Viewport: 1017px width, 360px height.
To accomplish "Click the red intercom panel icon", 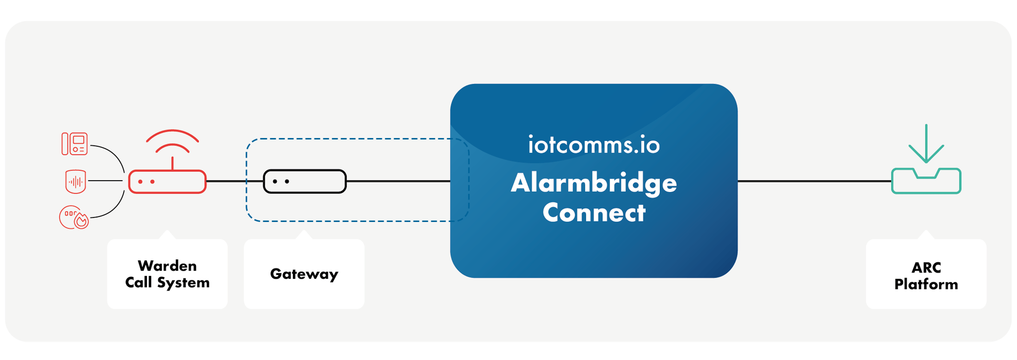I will coord(75,144).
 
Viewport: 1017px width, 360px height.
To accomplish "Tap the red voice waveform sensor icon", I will coord(76,181).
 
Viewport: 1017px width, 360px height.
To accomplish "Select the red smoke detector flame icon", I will coord(74,218).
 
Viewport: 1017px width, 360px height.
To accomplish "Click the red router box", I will coord(167,182).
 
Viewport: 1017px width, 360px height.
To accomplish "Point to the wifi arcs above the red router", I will coord(172,140).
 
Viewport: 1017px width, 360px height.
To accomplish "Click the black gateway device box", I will coord(305,181).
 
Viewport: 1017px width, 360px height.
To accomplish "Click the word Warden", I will coord(167,266).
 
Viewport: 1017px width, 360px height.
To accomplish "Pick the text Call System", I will coord(167,282).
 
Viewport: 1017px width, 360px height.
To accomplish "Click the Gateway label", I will coord(304,274).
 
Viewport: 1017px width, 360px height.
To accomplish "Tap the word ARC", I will coord(926,268).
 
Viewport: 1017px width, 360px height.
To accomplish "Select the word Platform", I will coord(926,284).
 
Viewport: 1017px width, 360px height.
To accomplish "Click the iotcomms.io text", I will coord(593,145).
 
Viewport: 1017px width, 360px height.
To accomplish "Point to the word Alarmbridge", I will coord(593,183).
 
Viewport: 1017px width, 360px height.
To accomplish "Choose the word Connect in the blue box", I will coord(593,213).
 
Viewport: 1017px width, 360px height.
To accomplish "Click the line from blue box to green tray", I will coord(814,181).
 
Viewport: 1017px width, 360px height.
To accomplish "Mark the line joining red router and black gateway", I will coord(234,181).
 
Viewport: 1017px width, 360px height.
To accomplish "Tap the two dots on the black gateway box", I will coord(281,182).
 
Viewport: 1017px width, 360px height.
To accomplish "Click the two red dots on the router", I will coord(146,182).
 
